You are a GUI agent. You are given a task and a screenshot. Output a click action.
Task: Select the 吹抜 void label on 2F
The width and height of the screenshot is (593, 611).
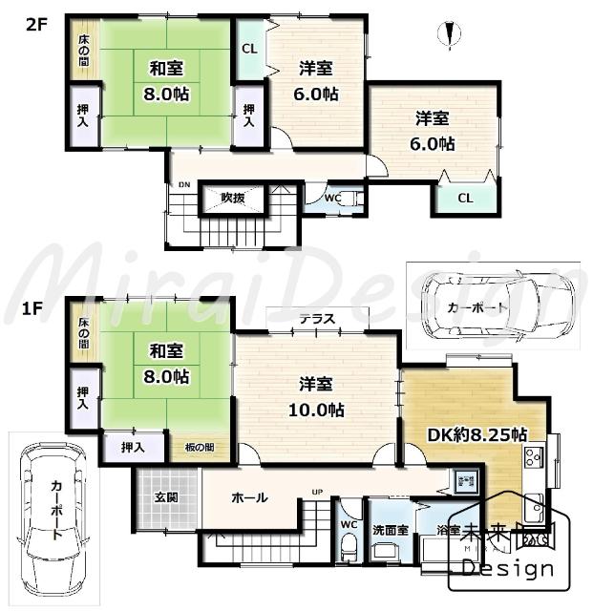click(x=233, y=198)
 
